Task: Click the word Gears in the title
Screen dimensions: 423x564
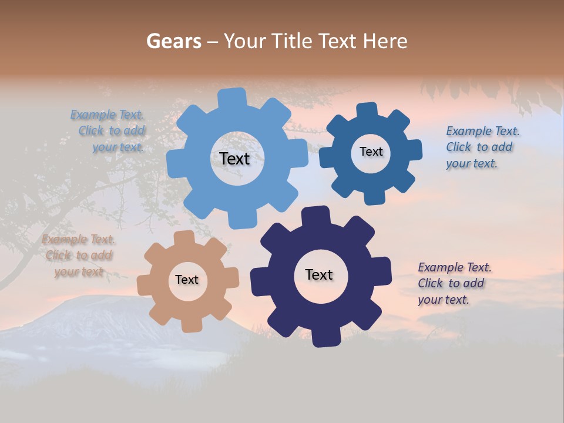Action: [x=173, y=41]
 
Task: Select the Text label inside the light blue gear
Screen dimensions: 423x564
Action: [x=234, y=159]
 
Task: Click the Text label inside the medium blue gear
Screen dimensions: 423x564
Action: [x=371, y=152]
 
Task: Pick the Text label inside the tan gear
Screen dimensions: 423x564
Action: [x=187, y=280]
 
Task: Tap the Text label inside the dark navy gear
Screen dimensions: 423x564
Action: [x=319, y=274]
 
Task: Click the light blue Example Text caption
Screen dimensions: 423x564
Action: [x=108, y=131]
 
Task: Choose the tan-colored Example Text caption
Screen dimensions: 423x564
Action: [x=78, y=255]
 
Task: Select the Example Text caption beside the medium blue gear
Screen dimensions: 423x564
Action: [x=482, y=147]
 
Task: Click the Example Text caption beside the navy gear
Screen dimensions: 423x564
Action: [x=454, y=283]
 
